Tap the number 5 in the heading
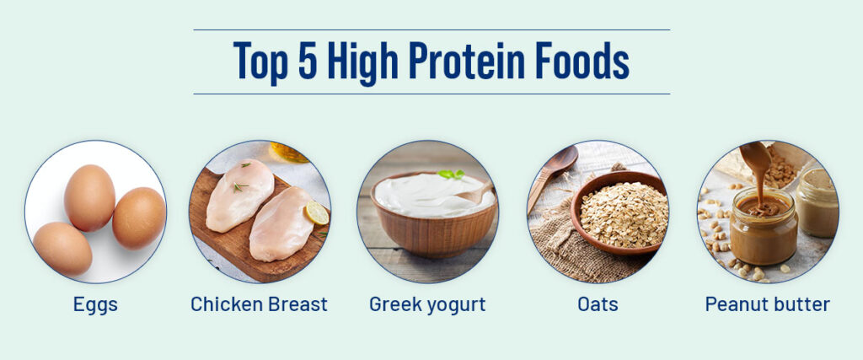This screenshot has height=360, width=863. pos(308,60)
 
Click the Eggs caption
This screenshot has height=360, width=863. pos(95,304)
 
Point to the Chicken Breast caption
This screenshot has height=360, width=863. pos(259,304)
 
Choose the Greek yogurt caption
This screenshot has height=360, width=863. pos(427,304)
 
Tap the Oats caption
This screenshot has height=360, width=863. pos(598,304)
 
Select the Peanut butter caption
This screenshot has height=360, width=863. pos(767,304)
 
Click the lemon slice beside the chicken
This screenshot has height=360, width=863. pos(317,213)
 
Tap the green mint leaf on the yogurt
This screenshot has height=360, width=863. pos(452,174)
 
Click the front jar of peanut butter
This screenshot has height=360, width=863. pos(763,226)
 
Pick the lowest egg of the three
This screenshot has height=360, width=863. pos(62,249)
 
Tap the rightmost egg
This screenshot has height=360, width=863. pos(139,218)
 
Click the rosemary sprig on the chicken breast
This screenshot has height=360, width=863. pos(240,187)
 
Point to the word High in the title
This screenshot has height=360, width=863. pos(362,62)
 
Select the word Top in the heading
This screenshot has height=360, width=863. pos(261,62)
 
